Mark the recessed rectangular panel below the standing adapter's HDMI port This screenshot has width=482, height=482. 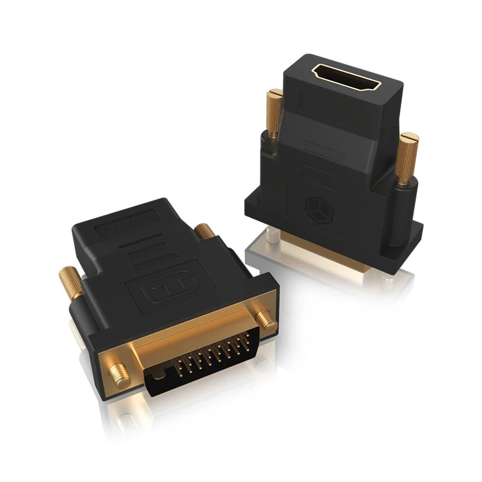click(333, 116)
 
